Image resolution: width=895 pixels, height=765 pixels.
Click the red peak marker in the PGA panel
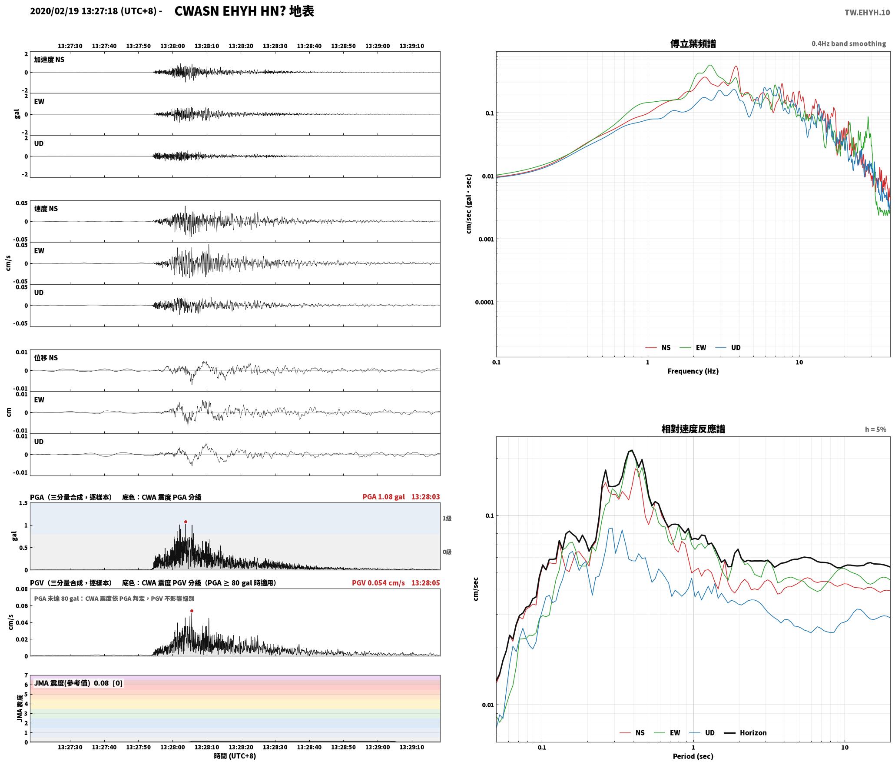pos(186,522)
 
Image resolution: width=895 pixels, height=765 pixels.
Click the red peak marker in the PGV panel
pos(192,611)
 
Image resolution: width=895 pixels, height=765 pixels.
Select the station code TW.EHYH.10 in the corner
pos(867,13)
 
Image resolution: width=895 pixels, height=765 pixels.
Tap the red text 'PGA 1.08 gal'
pos(384,497)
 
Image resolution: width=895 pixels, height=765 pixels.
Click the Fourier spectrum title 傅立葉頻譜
pos(693,43)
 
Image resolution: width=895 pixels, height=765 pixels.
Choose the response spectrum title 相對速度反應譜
pos(693,429)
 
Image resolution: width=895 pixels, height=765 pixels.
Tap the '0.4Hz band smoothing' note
pos(849,43)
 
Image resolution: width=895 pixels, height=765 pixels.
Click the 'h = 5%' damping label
pos(875,429)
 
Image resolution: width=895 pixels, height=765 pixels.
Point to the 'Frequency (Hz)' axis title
pos(693,371)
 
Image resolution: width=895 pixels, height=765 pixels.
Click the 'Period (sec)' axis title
pos(693,756)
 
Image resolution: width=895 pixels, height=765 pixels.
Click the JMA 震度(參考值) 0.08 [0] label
pos(78,683)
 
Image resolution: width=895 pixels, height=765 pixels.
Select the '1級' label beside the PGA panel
pos(447,518)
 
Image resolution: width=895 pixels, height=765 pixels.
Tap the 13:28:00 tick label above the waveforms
pos(172,46)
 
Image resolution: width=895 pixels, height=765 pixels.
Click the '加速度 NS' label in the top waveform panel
pos(49,60)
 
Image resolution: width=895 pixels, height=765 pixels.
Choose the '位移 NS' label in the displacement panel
pos(46,358)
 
